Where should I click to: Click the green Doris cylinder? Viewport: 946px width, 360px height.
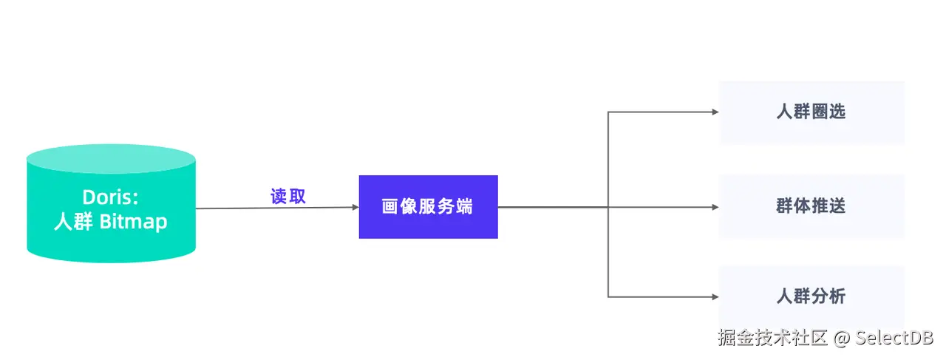tap(111, 237)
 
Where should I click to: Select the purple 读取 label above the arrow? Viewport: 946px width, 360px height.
tap(287, 197)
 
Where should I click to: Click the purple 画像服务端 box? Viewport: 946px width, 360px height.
tap(428, 207)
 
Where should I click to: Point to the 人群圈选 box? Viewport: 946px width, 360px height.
tap(811, 112)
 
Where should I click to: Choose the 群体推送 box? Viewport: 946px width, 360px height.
tap(811, 206)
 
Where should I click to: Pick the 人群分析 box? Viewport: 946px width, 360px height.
tap(811, 296)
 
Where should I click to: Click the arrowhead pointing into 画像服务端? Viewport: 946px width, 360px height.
tap(355, 207)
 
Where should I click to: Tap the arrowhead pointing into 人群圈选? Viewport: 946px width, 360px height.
tap(715, 112)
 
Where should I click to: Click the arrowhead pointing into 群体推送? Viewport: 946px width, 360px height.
tap(715, 207)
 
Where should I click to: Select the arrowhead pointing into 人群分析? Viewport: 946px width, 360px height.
tap(715, 297)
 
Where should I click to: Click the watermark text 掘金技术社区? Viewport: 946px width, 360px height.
tap(772, 339)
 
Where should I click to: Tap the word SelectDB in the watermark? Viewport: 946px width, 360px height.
tap(895, 339)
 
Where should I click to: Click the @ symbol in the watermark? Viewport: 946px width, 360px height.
tap(842, 339)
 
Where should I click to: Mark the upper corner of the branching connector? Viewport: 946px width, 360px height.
tap(608, 112)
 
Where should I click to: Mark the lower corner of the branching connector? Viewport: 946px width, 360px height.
tap(608, 297)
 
